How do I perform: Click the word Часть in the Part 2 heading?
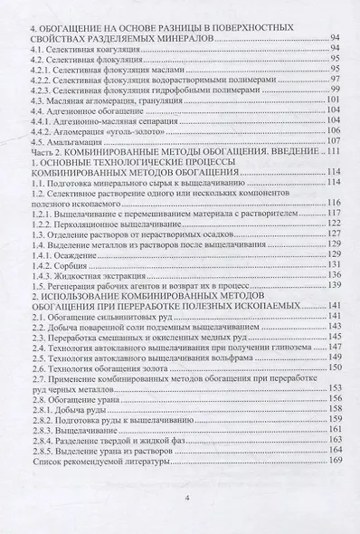[44, 151]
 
